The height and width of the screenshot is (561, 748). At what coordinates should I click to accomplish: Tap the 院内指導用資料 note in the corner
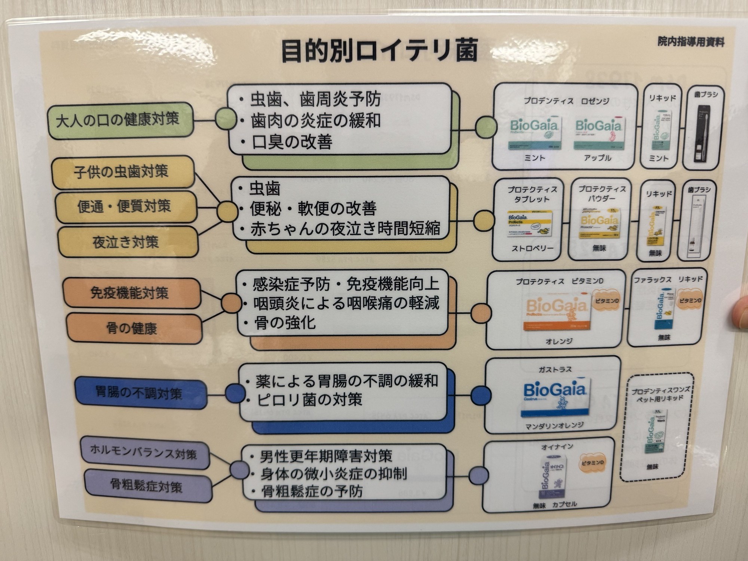691,42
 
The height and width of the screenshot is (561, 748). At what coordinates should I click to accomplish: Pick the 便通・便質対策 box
125,207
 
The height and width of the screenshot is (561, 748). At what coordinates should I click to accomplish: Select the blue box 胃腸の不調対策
140,394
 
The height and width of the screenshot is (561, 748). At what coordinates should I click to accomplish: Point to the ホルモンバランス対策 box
144,453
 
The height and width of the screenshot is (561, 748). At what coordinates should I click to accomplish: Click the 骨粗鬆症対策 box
147,486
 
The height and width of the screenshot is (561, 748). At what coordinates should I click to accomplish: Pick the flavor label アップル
597,158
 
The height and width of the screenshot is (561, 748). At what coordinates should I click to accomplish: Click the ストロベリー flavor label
533,248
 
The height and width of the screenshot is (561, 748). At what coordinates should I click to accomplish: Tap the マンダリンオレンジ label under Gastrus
554,426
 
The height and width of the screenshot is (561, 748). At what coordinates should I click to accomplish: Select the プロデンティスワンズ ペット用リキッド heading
660,395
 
